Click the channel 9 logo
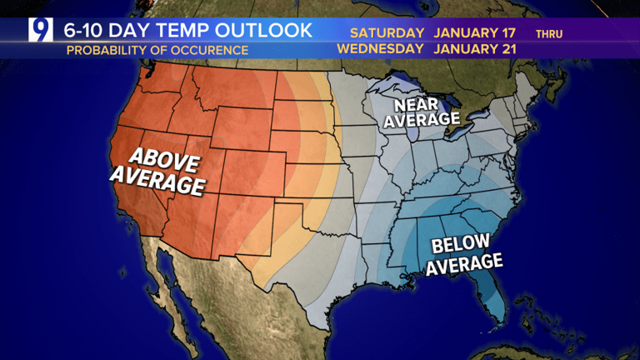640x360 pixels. [40, 30]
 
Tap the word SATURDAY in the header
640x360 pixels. [387, 32]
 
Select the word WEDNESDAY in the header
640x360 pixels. [380, 48]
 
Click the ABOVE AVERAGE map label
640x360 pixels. [157, 169]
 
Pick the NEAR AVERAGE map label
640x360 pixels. [427, 112]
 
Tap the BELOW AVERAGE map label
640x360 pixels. [466, 254]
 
